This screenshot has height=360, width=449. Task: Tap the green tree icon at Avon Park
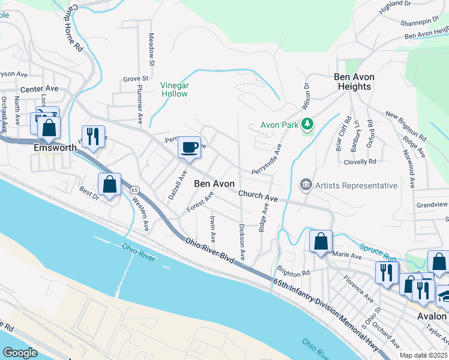(x=308, y=125)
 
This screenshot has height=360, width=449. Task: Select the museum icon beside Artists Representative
(x=306, y=185)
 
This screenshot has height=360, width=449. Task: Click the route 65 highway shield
(x=134, y=190)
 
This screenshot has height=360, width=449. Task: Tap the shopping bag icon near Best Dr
(x=110, y=184)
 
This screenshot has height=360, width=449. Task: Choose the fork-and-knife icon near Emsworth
(x=93, y=136)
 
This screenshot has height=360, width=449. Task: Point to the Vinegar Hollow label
(x=174, y=89)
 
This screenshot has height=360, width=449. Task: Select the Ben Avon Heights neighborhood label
(x=352, y=82)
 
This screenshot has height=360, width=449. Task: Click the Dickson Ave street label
(x=242, y=241)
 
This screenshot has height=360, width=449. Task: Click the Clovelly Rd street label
(x=360, y=161)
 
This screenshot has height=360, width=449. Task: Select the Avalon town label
(x=432, y=316)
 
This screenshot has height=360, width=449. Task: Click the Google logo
(x=20, y=353)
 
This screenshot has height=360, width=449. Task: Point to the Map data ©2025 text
(x=423, y=355)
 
